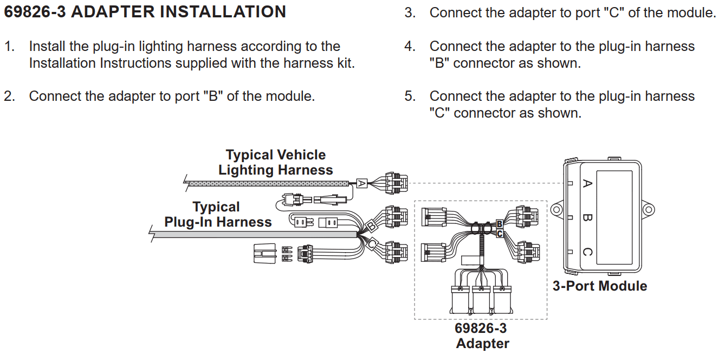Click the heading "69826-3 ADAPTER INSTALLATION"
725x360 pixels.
[145, 11]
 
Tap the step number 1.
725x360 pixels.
[9, 46]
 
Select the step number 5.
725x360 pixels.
[410, 96]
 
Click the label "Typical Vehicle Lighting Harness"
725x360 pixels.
[276, 162]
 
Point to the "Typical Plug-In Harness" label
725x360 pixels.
[218, 214]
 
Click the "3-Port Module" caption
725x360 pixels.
[600, 286]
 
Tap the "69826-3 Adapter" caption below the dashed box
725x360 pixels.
[482, 336]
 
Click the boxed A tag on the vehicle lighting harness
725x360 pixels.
[361, 183]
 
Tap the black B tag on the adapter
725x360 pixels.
[500, 224]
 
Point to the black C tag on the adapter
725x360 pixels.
[500, 234]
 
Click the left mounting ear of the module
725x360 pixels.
[557, 209]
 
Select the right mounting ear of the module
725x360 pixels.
[648, 209]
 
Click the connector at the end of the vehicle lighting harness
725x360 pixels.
[397, 183]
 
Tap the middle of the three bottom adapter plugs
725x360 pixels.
[481, 299]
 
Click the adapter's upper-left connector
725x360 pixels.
[433, 217]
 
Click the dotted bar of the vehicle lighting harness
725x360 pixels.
[269, 184]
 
